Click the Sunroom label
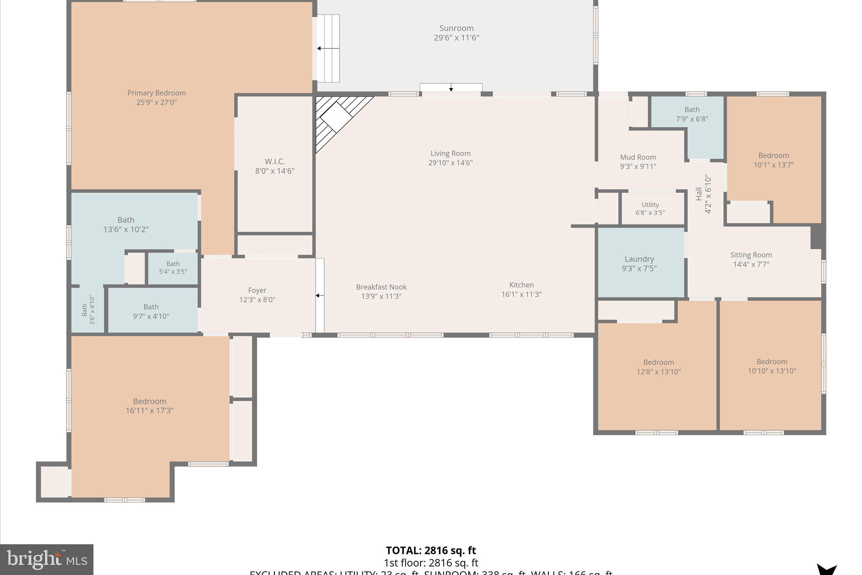[x=456, y=28]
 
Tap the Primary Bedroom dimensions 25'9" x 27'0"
[x=156, y=102]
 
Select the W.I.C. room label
[x=274, y=162]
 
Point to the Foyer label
[x=257, y=290]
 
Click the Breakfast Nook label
[x=381, y=287]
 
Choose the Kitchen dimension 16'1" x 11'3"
[x=521, y=294]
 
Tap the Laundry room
[x=639, y=263]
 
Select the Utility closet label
[x=650, y=205]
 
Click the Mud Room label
[x=638, y=158]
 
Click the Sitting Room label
[x=751, y=255]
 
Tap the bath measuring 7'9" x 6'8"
[x=692, y=114]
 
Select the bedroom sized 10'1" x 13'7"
[x=773, y=160]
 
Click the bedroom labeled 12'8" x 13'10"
[x=658, y=366]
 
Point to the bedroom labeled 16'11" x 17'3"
[x=149, y=406]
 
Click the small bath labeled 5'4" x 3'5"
[x=173, y=268]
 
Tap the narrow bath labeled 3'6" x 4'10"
[x=88, y=310]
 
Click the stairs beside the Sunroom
[x=328, y=48]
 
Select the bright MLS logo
[x=47, y=560]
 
